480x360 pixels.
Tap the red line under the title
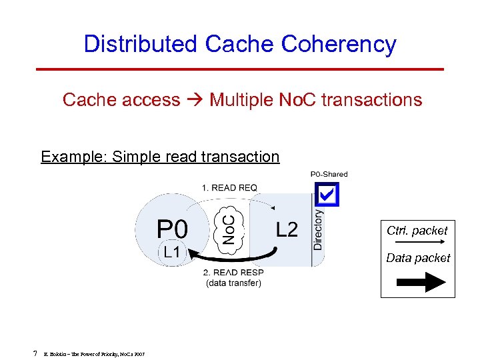(240, 69)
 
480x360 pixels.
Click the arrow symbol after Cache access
(195, 100)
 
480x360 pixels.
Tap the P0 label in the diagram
(172, 230)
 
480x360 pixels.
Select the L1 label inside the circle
(171, 251)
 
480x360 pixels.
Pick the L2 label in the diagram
(287, 230)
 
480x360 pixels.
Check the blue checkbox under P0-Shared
(327, 194)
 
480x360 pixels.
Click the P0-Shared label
(329, 175)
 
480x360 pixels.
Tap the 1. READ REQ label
(229, 187)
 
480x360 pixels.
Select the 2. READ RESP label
(233, 272)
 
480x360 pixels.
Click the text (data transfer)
(233, 283)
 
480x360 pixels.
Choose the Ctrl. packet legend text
(417, 231)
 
